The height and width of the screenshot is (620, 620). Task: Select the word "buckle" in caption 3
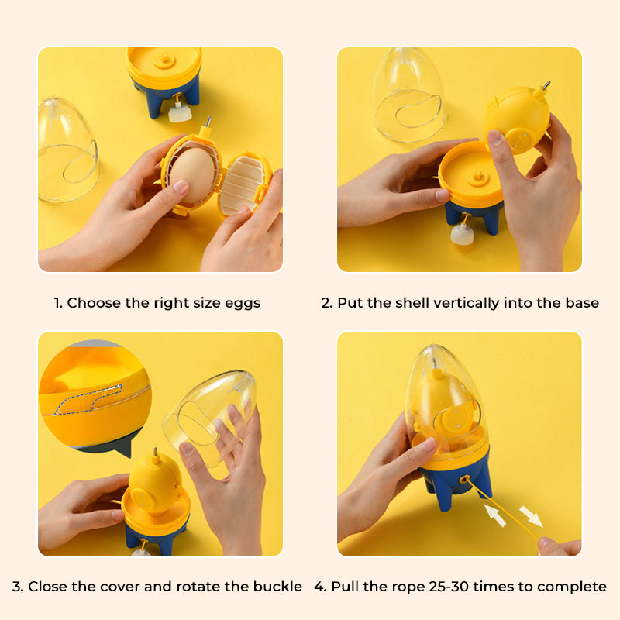(x=277, y=587)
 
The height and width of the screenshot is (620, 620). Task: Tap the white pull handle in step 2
(x=462, y=236)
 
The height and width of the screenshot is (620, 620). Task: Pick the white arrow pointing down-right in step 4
(x=531, y=515)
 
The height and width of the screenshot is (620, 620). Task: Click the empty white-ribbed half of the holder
(x=243, y=185)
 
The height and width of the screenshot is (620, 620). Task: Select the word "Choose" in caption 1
(x=91, y=303)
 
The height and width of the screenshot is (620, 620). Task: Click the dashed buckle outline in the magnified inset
(x=77, y=401)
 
